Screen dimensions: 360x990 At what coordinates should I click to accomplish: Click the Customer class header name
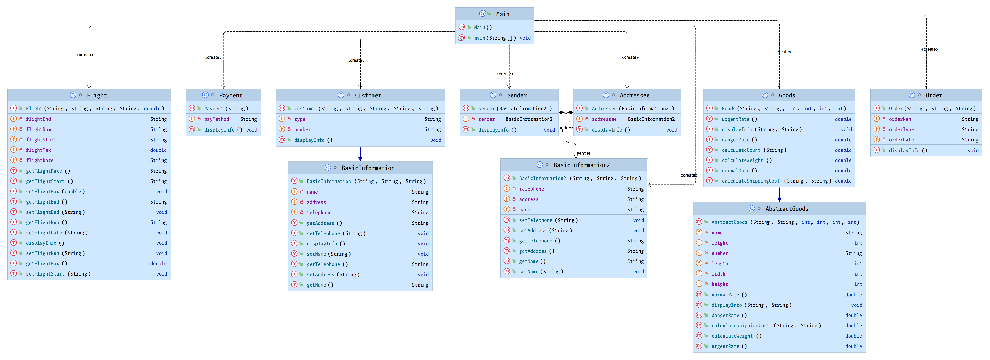[368, 95]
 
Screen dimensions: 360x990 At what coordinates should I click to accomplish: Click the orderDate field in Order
[901, 140]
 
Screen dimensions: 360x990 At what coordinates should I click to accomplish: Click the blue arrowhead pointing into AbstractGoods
[779, 199]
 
